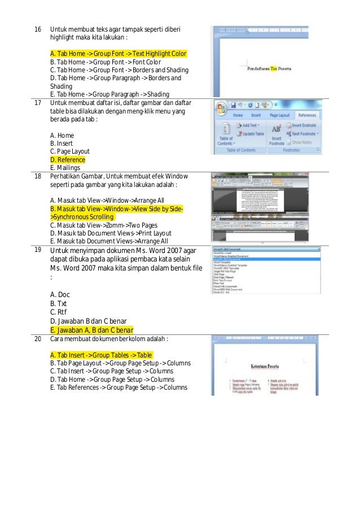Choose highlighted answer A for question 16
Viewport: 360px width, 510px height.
(x=118, y=54)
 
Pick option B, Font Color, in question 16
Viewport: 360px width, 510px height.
(x=106, y=62)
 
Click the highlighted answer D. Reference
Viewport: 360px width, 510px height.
(x=68, y=160)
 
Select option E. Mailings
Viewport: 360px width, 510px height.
(x=65, y=168)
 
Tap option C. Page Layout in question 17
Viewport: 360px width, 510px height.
(x=70, y=151)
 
